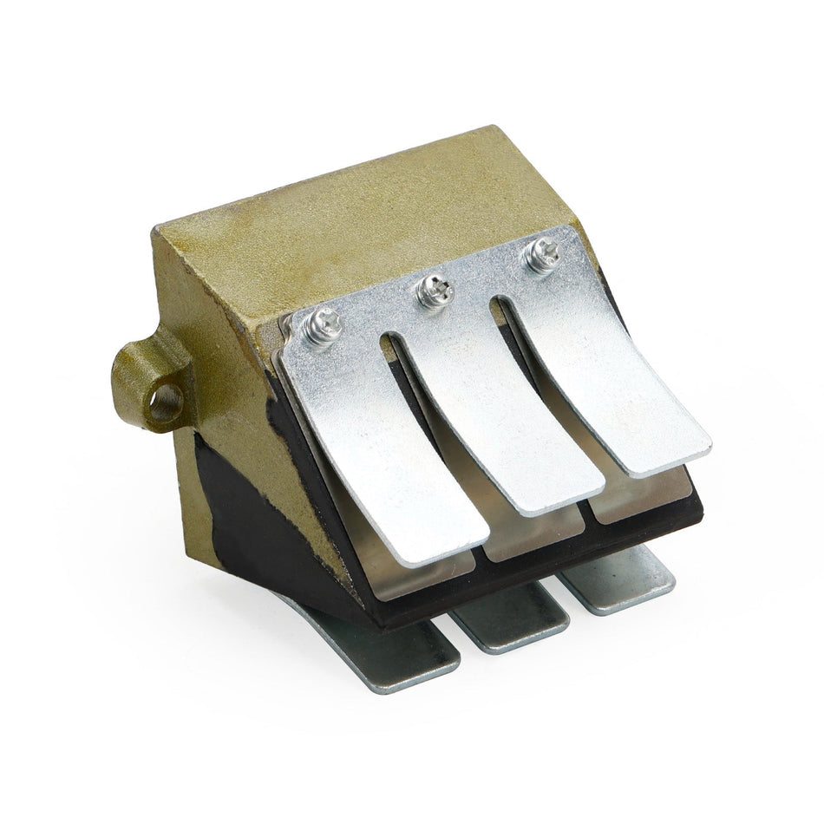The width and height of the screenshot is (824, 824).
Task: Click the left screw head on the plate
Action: coord(322,327)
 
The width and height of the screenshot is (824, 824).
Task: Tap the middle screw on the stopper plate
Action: coord(435,291)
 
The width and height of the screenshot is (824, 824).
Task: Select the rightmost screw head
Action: coord(543,254)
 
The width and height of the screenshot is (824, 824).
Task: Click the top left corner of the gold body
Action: coord(156,231)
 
